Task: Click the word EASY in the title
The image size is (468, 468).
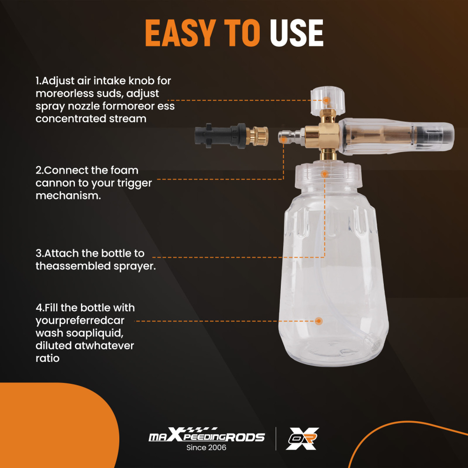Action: click(181, 33)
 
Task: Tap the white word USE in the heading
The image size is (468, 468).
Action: click(296, 33)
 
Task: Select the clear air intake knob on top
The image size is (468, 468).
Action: click(328, 101)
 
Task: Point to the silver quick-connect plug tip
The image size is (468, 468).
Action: click(284, 138)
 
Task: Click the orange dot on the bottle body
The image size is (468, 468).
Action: click(319, 321)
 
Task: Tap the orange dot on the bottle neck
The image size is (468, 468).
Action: click(325, 174)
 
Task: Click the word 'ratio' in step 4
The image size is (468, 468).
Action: click(47, 358)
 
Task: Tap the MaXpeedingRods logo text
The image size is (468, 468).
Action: click(206, 435)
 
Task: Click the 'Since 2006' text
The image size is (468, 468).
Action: click(206, 447)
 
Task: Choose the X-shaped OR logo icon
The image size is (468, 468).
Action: click(302, 439)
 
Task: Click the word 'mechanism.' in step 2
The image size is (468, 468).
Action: click(68, 196)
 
